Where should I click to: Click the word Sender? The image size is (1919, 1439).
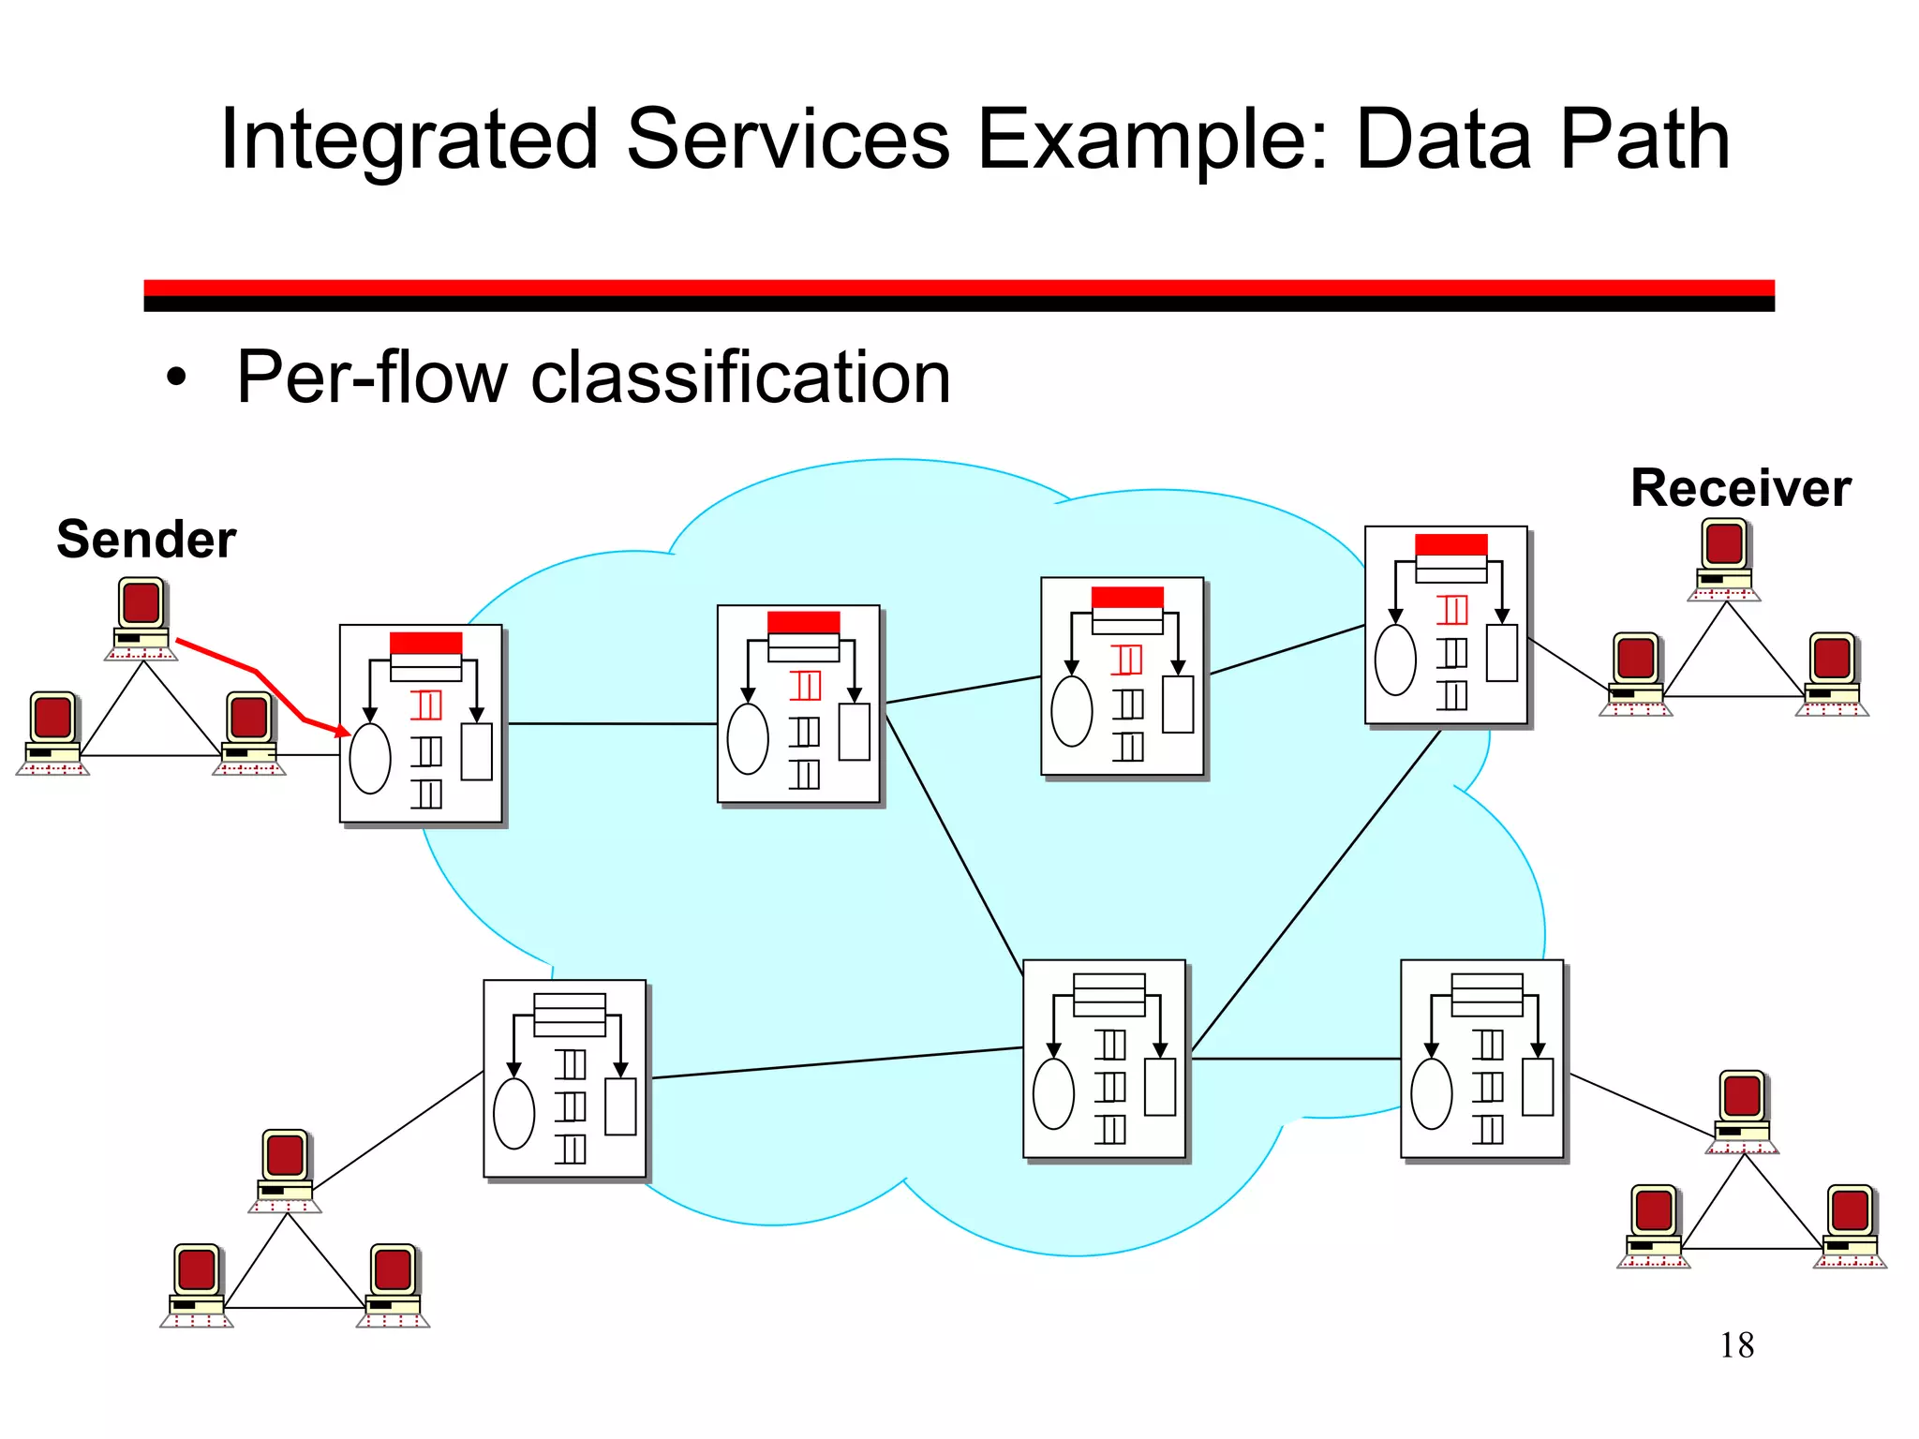click(x=146, y=540)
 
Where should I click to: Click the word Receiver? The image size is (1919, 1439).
click(x=1740, y=488)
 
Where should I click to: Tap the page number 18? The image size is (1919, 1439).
click(x=1736, y=1345)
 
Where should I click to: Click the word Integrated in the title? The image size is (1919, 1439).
click(x=409, y=141)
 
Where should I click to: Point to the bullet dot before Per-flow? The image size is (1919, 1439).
click(x=176, y=378)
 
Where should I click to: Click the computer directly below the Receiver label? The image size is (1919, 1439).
click(x=1724, y=556)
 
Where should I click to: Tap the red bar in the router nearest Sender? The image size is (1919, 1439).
click(x=425, y=643)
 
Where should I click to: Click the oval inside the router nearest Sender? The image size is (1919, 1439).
click(x=370, y=759)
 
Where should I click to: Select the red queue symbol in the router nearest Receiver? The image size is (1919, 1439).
click(x=1451, y=610)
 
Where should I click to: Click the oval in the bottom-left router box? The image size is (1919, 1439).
click(x=513, y=1114)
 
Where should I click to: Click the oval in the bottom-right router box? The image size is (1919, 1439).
click(x=1431, y=1093)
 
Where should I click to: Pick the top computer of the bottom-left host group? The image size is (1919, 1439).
click(x=285, y=1167)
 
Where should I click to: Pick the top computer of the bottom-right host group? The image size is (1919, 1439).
click(x=1742, y=1108)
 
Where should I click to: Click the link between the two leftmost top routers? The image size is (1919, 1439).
click(x=611, y=723)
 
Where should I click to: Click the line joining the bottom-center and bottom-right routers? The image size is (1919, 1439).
click(x=1295, y=1059)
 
